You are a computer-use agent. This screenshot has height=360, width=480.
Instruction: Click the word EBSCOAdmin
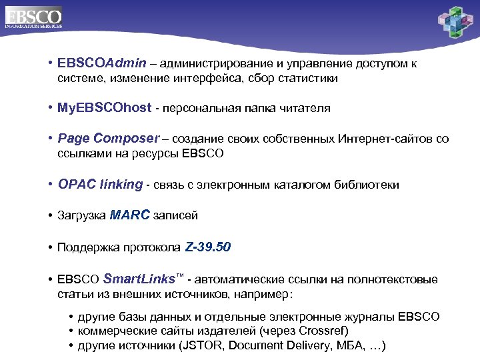pos(100,64)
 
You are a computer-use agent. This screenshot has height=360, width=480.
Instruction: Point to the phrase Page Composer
pos(108,139)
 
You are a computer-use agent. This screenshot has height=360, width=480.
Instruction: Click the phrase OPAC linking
pos(100,185)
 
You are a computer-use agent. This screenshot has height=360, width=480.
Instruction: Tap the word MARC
pos(130,215)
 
